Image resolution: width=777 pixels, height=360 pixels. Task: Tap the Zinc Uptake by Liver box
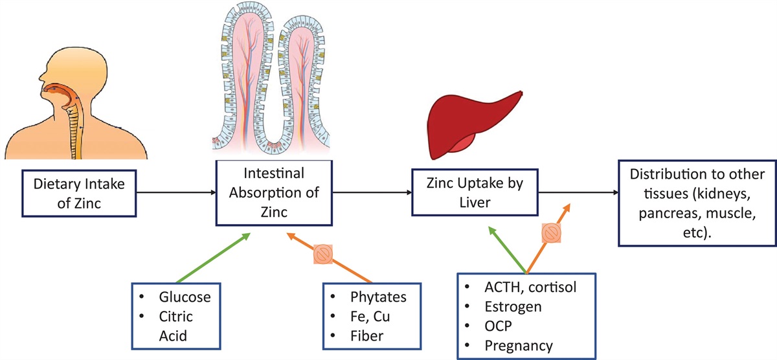[475, 192]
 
